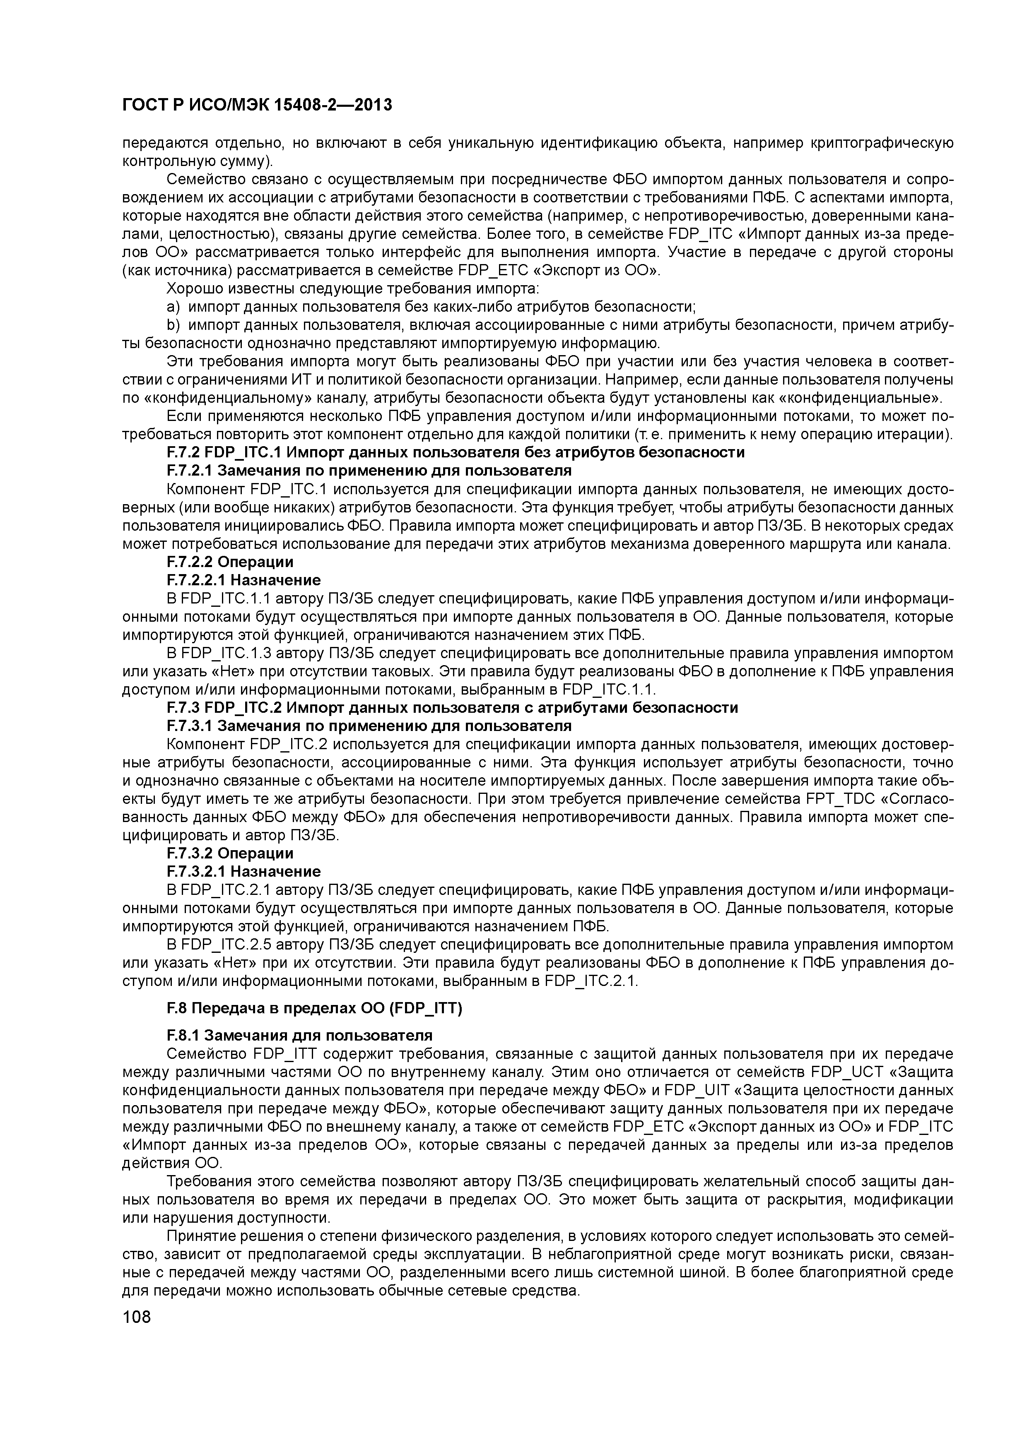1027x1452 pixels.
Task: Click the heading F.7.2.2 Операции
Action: point(230,562)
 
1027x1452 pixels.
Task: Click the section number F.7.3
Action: point(183,708)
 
